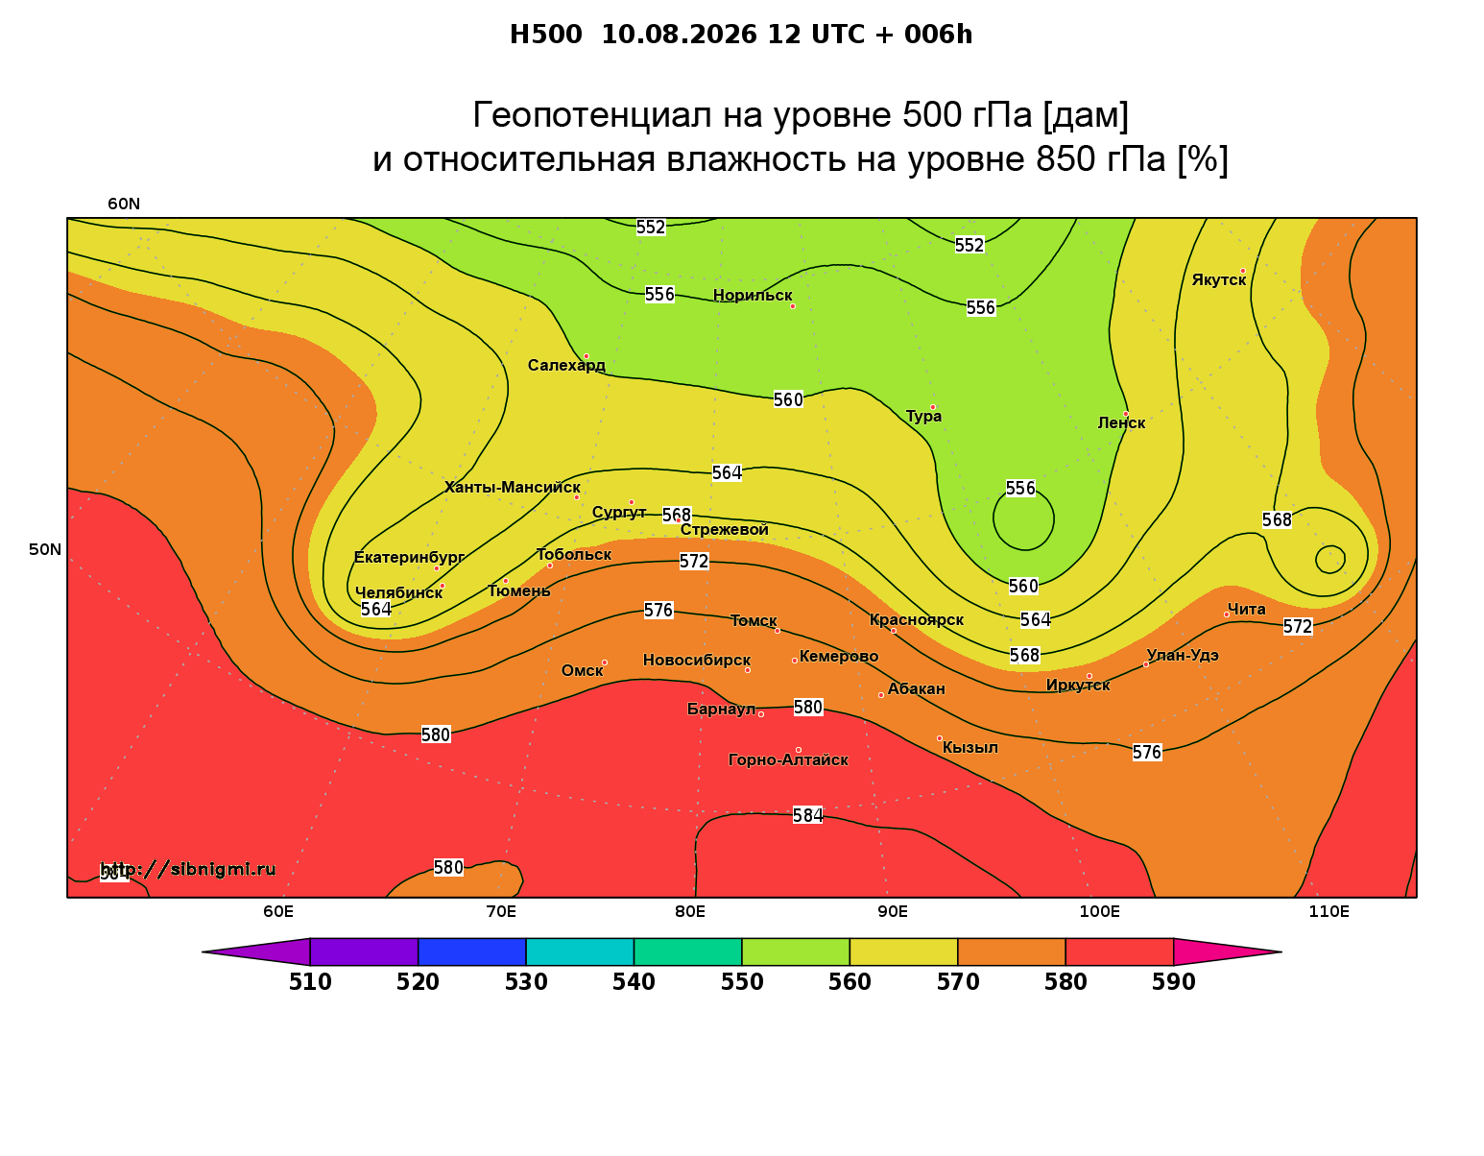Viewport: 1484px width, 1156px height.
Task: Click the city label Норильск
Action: pyautogui.click(x=752, y=295)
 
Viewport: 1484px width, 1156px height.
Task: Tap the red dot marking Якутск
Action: pyautogui.click(x=1242, y=271)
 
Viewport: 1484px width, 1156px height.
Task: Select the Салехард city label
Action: pyautogui.click(x=566, y=365)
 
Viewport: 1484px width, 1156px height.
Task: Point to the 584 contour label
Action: pyautogui.click(x=807, y=815)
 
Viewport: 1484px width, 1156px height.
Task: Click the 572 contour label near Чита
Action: pyautogui.click(x=1297, y=626)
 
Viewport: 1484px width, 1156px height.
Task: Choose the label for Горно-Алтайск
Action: pyautogui.click(x=788, y=760)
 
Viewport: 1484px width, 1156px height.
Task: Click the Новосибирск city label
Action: pyautogui.click(x=697, y=661)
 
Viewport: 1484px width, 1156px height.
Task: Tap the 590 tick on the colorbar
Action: pyautogui.click(x=1173, y=982)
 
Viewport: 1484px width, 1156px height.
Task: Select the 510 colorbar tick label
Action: pyautogui.click(x=310, y=982)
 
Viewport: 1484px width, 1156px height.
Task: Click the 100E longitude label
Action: pyautogui.click(x=1099, y=911)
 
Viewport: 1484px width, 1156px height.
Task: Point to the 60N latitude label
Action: pyautogui.click(x=124, y=204)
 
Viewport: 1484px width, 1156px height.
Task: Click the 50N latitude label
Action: pyautogui.click(x=45, y=549)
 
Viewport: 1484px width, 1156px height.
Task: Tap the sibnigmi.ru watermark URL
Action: pyautogui.click(x=188, y=869)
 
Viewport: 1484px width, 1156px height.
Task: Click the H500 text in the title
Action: pyautogui.click(x=545, y=35)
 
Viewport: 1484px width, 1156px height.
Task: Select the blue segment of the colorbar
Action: pyautogui.click(x=472, y=951)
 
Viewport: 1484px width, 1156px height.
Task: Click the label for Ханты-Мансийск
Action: pyautogui.click(x=513, y=487)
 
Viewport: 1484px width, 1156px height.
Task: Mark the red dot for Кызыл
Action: pyautogui.click(x=939, y=738)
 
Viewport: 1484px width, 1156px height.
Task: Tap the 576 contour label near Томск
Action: pyautogui.click(x=658, y=610)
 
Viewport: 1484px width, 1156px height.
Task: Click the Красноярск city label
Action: pyautogui.click(x=916, y=620)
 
